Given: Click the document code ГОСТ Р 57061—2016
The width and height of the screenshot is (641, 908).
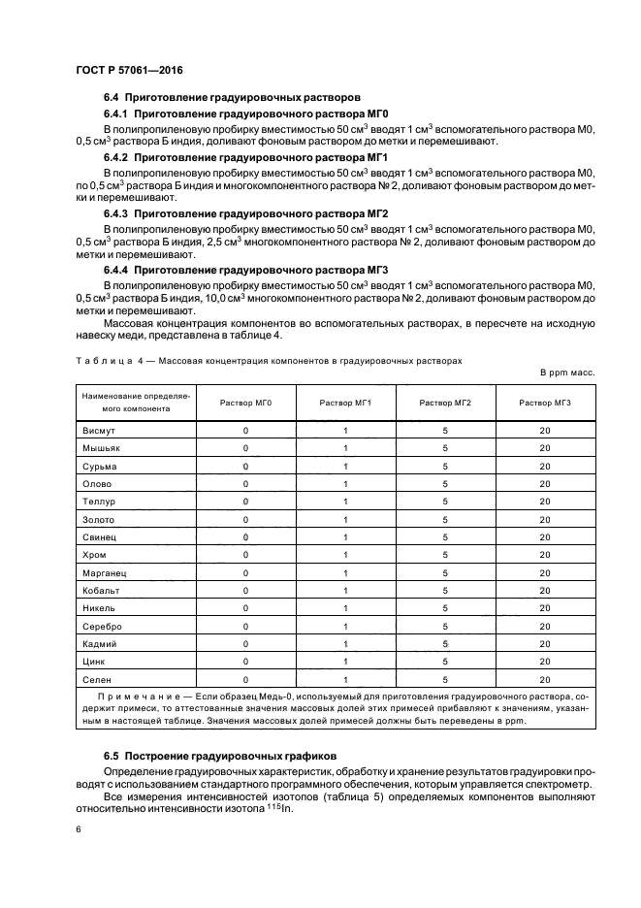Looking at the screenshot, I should [x=128, y=71].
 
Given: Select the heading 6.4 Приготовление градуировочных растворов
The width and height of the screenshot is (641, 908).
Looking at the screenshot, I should [x=232, y=97].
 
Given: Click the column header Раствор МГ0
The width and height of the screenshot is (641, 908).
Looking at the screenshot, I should [x=246, y=403].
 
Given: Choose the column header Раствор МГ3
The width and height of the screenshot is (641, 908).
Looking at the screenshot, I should [x=544, y=403].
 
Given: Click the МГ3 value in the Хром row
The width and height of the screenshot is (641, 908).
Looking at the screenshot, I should [x=544, y=555].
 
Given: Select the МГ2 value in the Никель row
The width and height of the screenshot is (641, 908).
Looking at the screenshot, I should [x=445, y=608].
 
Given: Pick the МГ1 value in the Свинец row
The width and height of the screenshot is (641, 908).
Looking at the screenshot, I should [x=345, y=537].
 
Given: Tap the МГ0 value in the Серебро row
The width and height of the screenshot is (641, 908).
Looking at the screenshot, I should [x=246, y=627].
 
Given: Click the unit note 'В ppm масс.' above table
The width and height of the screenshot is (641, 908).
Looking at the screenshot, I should [x=566, y=373].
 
